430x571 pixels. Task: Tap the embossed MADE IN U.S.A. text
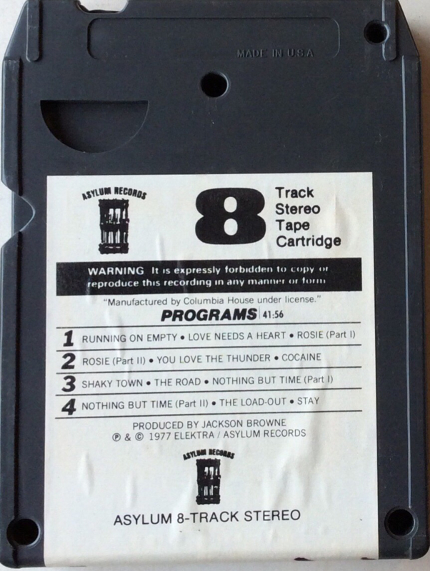(275, 54)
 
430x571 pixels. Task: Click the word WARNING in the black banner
(116, 271)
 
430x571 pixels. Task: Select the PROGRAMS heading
(209, 315)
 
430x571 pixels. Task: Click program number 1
(68, 338)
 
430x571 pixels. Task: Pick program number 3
(68, 384)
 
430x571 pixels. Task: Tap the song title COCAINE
(301, 358)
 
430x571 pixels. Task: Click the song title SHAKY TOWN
(112, 383)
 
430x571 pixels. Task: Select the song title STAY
(308, 401)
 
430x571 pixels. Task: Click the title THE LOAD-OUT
(253, 403)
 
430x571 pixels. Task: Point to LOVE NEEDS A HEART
(237, 336)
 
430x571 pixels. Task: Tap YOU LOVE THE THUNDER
(214, 359)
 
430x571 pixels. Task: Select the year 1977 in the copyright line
(159, 436)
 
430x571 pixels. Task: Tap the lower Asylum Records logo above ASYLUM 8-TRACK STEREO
(208, 476)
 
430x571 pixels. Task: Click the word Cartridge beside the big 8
(309, 241)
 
